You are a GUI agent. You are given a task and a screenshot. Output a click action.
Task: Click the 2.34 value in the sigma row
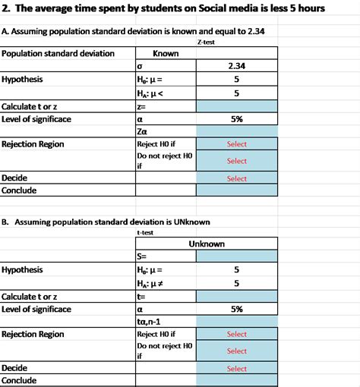(x=237, y=66)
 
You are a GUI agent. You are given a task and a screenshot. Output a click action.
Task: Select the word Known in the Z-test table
(x=166, y=54)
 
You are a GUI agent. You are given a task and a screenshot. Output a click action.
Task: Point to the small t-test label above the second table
(x=144, y=233)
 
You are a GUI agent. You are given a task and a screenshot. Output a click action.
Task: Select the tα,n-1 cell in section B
(x=150, y=322)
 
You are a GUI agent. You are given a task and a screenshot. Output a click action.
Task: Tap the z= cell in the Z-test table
(x=142, y=106)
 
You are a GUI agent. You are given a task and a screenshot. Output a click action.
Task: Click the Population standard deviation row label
(x=58, y=54)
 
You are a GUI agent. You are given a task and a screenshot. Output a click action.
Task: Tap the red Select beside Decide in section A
(x=237, y=179)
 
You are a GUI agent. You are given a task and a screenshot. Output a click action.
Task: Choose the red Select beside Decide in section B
(x=237, y=369)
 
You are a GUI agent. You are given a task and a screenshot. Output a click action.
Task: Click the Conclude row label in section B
(x=20, y=381)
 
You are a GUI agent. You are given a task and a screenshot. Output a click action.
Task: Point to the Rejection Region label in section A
(x=33, y=144)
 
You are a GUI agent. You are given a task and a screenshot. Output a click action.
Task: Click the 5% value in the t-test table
(x=237, y=309)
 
